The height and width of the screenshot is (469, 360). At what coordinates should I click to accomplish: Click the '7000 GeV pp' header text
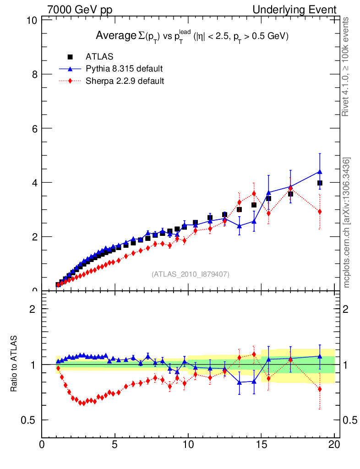click(x=80, y=10)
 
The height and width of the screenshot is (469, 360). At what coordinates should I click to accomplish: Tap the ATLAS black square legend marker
click(x=71, y=57)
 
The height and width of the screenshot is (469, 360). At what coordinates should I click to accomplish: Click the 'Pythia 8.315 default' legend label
click(x=124, y=69)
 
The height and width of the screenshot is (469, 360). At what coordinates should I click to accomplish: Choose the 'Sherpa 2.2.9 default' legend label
click(x=125, y=81)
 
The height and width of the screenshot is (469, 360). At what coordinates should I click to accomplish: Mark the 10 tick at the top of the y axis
click(x=32, y=21)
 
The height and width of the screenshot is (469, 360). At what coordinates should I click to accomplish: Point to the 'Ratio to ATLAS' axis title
click(x=14, y=365)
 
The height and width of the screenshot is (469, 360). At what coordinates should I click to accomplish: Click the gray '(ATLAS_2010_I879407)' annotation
click(x=191, y=274)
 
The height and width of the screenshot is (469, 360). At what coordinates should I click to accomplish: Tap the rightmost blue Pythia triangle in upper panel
click(x=320, y=172)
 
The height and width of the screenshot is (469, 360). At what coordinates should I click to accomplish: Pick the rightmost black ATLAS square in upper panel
click(x=320, y=183)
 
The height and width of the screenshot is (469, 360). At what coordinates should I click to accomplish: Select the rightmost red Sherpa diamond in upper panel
click(x=320, y=212)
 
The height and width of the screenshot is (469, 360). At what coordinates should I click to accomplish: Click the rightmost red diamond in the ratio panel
click(x=320, y=389)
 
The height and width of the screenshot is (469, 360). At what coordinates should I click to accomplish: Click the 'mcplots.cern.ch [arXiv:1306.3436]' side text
click(x=347, y=223)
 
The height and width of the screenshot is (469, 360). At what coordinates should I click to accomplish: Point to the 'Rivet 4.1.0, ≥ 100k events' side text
click(x=347, y=66)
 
